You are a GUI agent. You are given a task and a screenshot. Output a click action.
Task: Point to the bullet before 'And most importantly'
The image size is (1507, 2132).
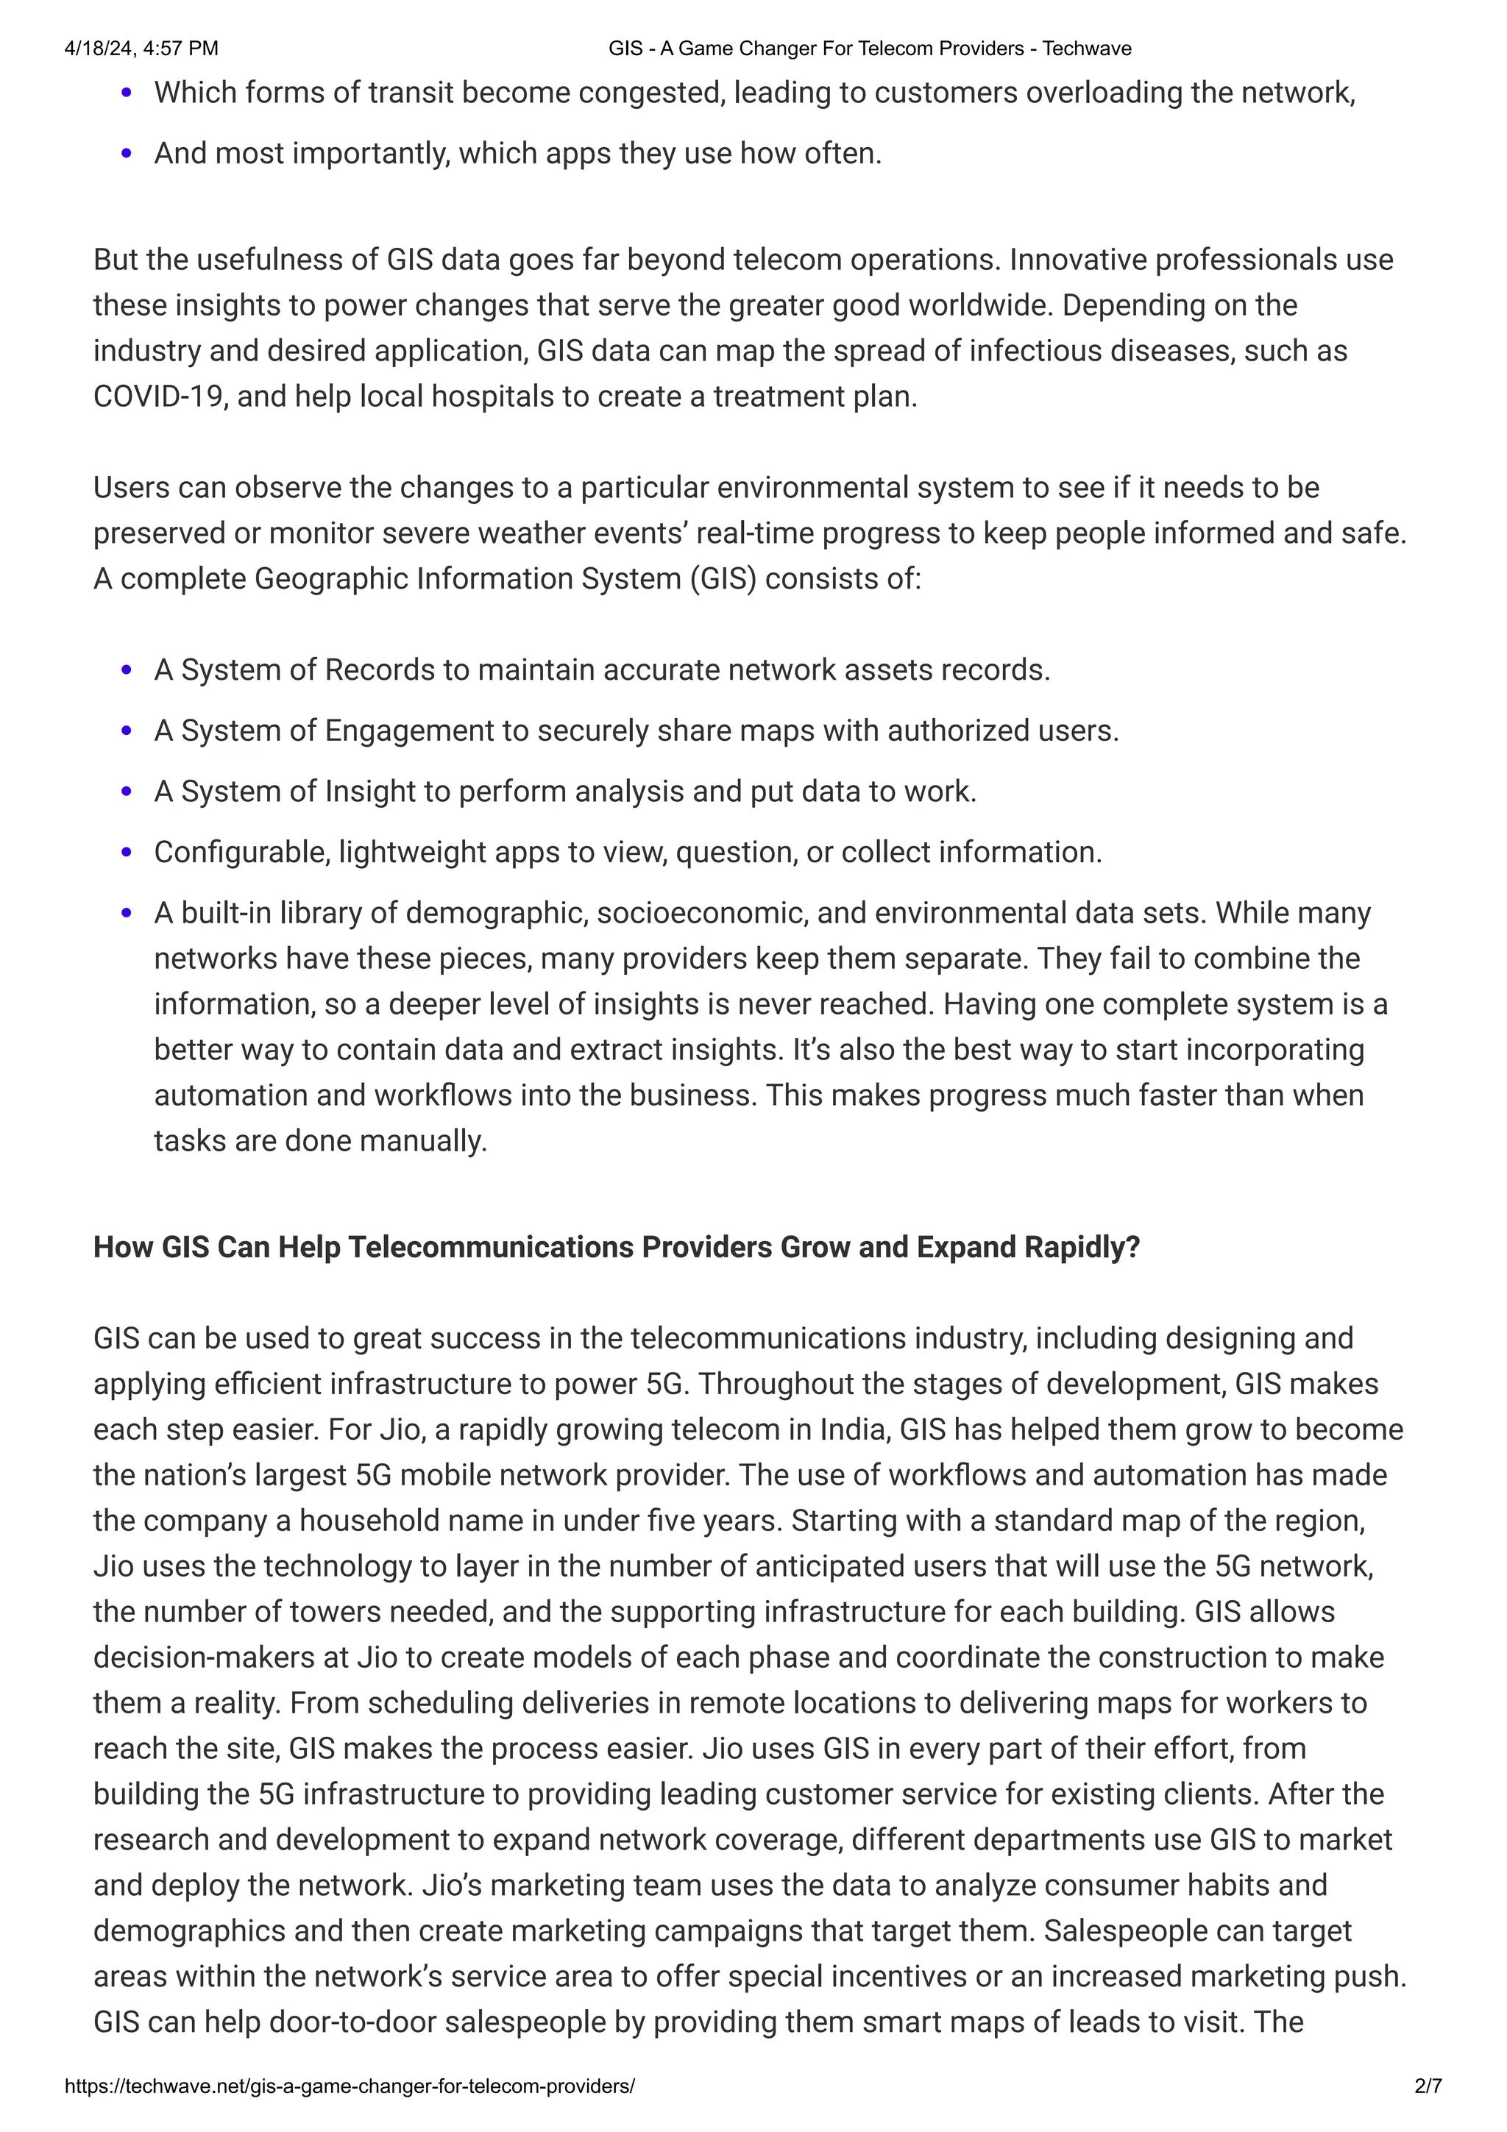tap(127, 153)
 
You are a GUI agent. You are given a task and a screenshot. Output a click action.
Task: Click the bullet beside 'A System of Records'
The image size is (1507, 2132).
tap(127, 670)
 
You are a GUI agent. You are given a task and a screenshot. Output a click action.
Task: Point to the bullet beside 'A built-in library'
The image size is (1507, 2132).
tap(127, 913)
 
